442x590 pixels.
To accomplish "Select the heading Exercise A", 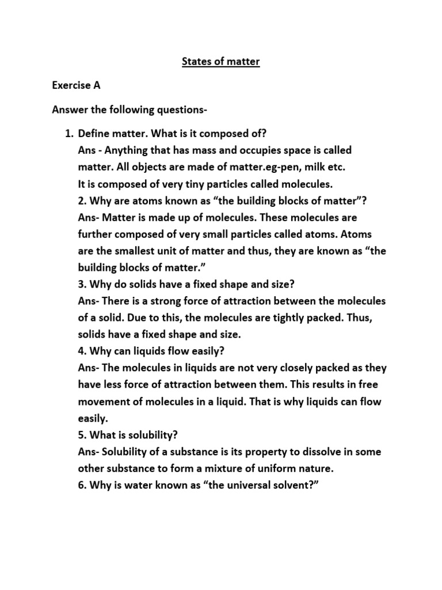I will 76,85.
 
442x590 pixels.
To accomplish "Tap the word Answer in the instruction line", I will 71,109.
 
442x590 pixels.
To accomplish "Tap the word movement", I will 104,402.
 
